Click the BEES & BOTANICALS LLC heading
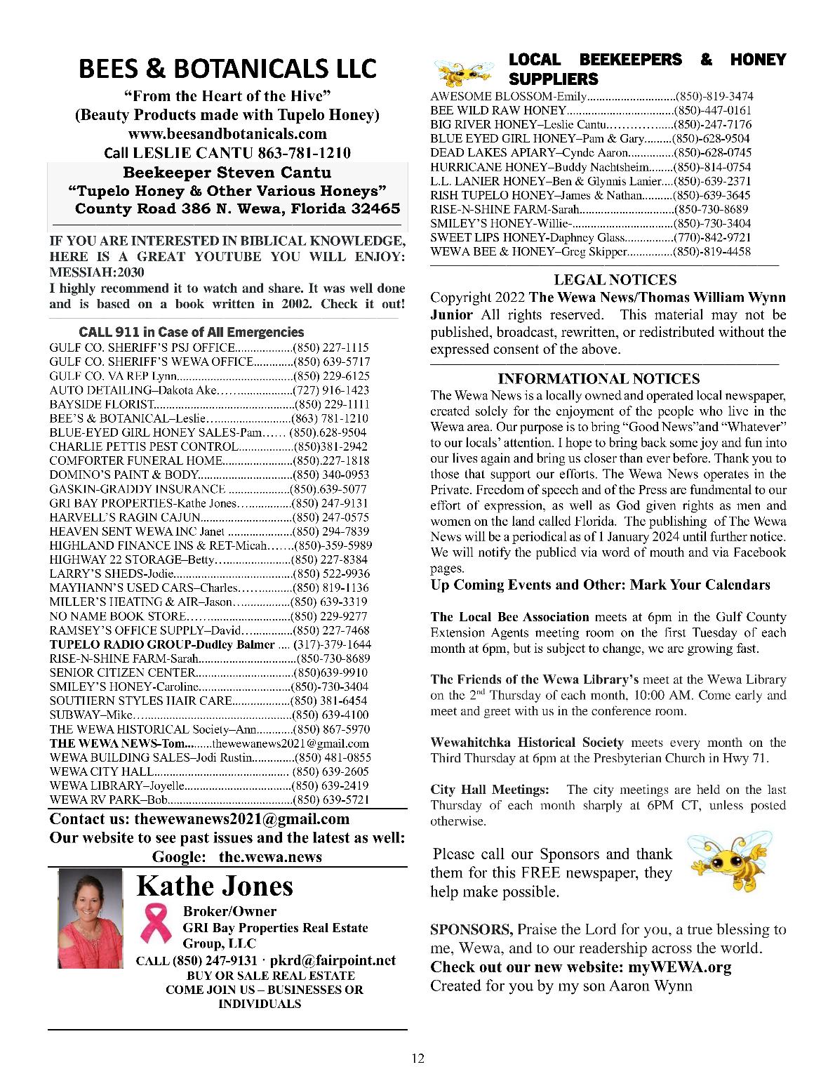[227, 69]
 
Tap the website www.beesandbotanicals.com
[227, 133]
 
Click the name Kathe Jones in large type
[215, 886]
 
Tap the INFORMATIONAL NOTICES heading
[599, 379]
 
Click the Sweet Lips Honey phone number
[712, 237]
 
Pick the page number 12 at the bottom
[417, 1059]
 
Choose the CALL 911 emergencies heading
[192, 332]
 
